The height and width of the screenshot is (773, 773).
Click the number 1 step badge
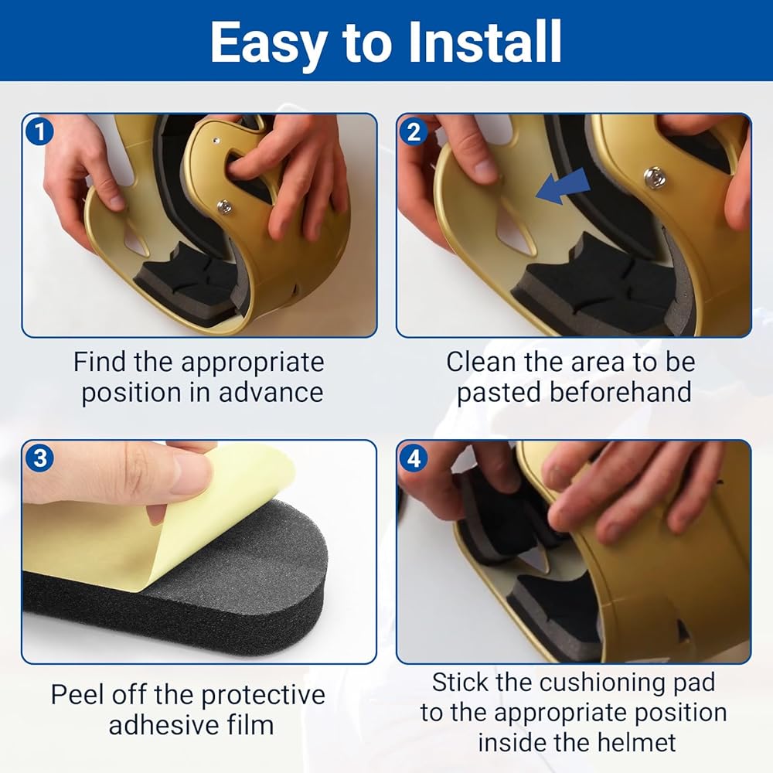pyautogui.click(x=39, y=131)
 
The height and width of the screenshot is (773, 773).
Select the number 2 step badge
pyautogui.click(x=413, y=131)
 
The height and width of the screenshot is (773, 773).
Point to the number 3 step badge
pyautogui.click(x=39, y=458)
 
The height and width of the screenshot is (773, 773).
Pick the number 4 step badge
pyautogui.click(x=413, y=458)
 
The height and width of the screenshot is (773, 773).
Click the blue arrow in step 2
pyautogui.click(x=563, y=186)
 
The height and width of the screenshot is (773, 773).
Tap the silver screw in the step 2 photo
pyautogui.click(x=655, y=177)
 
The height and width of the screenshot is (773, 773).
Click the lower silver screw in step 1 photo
pyautogui.click(x=225, y=206)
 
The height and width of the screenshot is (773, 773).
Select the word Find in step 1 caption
pyautogui.click(x=100, y=363)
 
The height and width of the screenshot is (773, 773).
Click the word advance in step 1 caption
pyautogui.click(x=271, y=393)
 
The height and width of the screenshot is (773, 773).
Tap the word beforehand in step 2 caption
pyautogui.click(x=620, y=393)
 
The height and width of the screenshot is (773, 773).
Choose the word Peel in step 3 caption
pyautogui.click(x=78, y=695)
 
